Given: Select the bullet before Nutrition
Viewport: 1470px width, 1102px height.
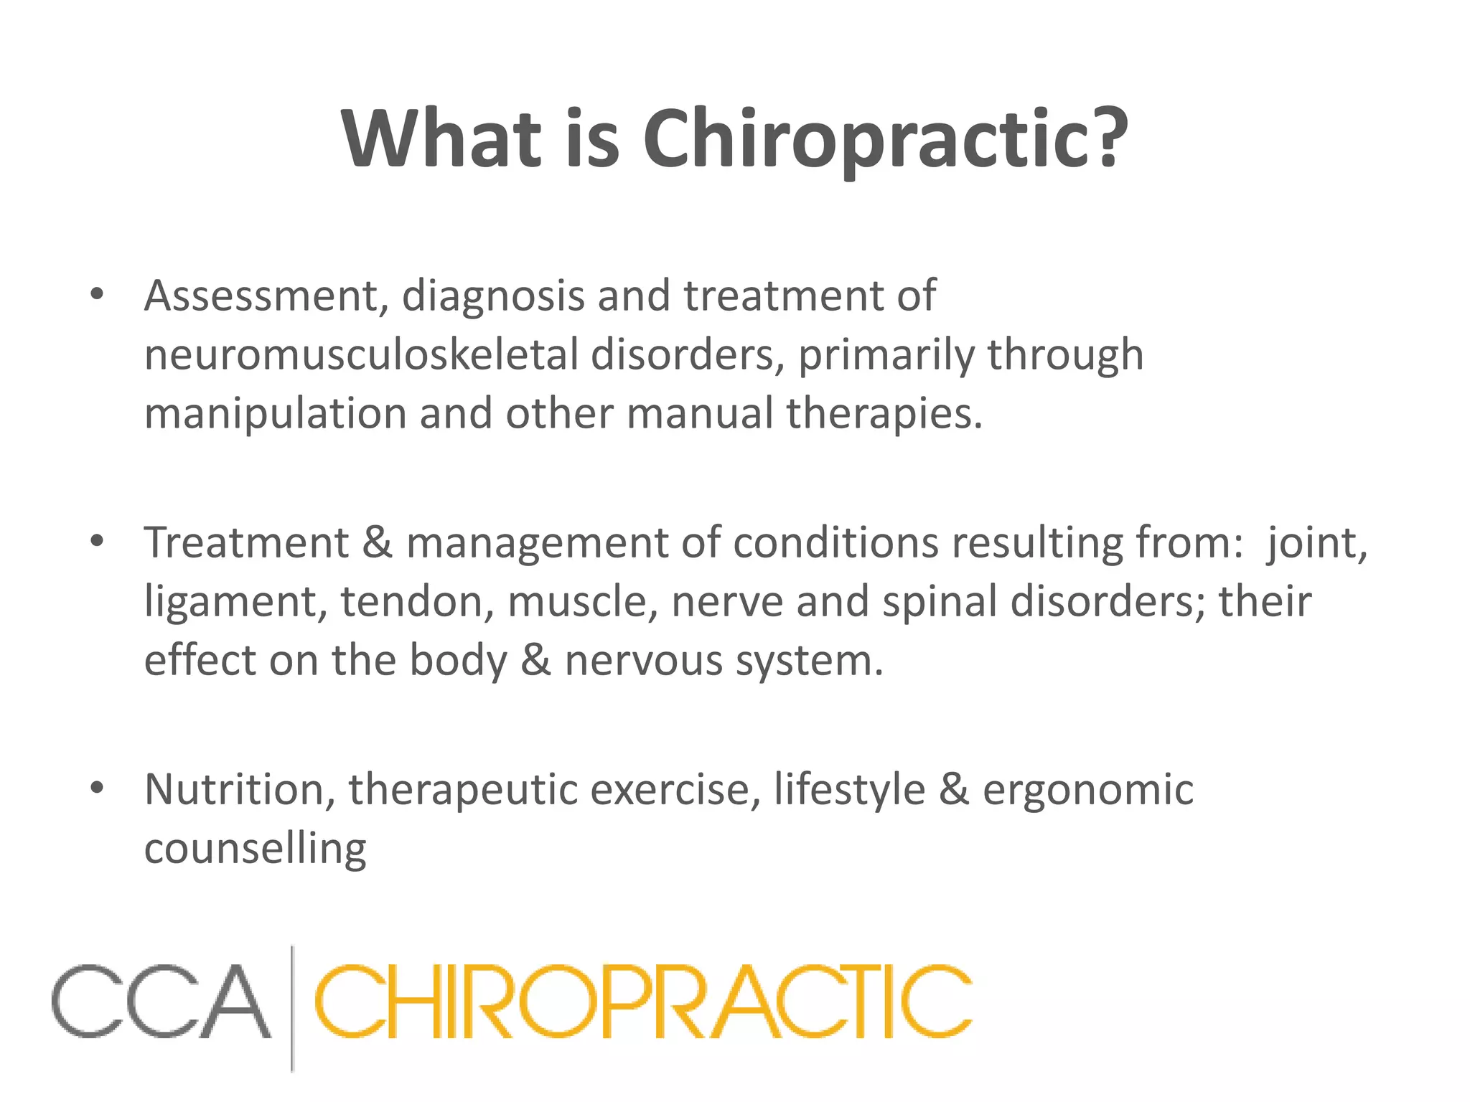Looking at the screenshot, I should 97,788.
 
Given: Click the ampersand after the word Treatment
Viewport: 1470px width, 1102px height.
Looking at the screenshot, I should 377,542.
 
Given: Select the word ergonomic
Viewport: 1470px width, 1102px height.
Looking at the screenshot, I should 1087,790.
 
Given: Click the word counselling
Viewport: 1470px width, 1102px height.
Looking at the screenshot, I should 256,849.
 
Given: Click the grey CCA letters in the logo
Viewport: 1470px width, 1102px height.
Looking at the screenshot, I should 161,1001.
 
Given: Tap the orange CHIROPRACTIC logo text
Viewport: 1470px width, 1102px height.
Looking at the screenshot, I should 642,1001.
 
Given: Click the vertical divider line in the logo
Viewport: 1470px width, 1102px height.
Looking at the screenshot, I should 292,1008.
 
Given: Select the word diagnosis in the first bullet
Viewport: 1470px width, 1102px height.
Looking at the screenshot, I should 493,296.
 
